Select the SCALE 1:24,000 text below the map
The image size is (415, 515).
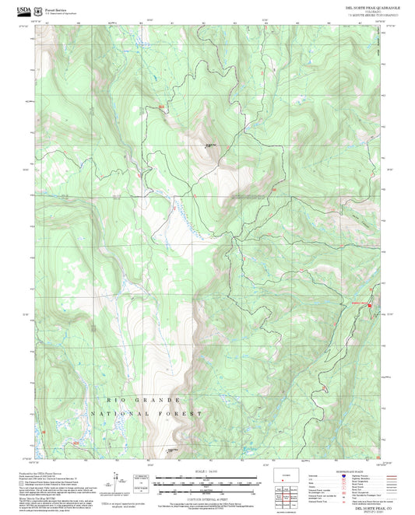(207, 471)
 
